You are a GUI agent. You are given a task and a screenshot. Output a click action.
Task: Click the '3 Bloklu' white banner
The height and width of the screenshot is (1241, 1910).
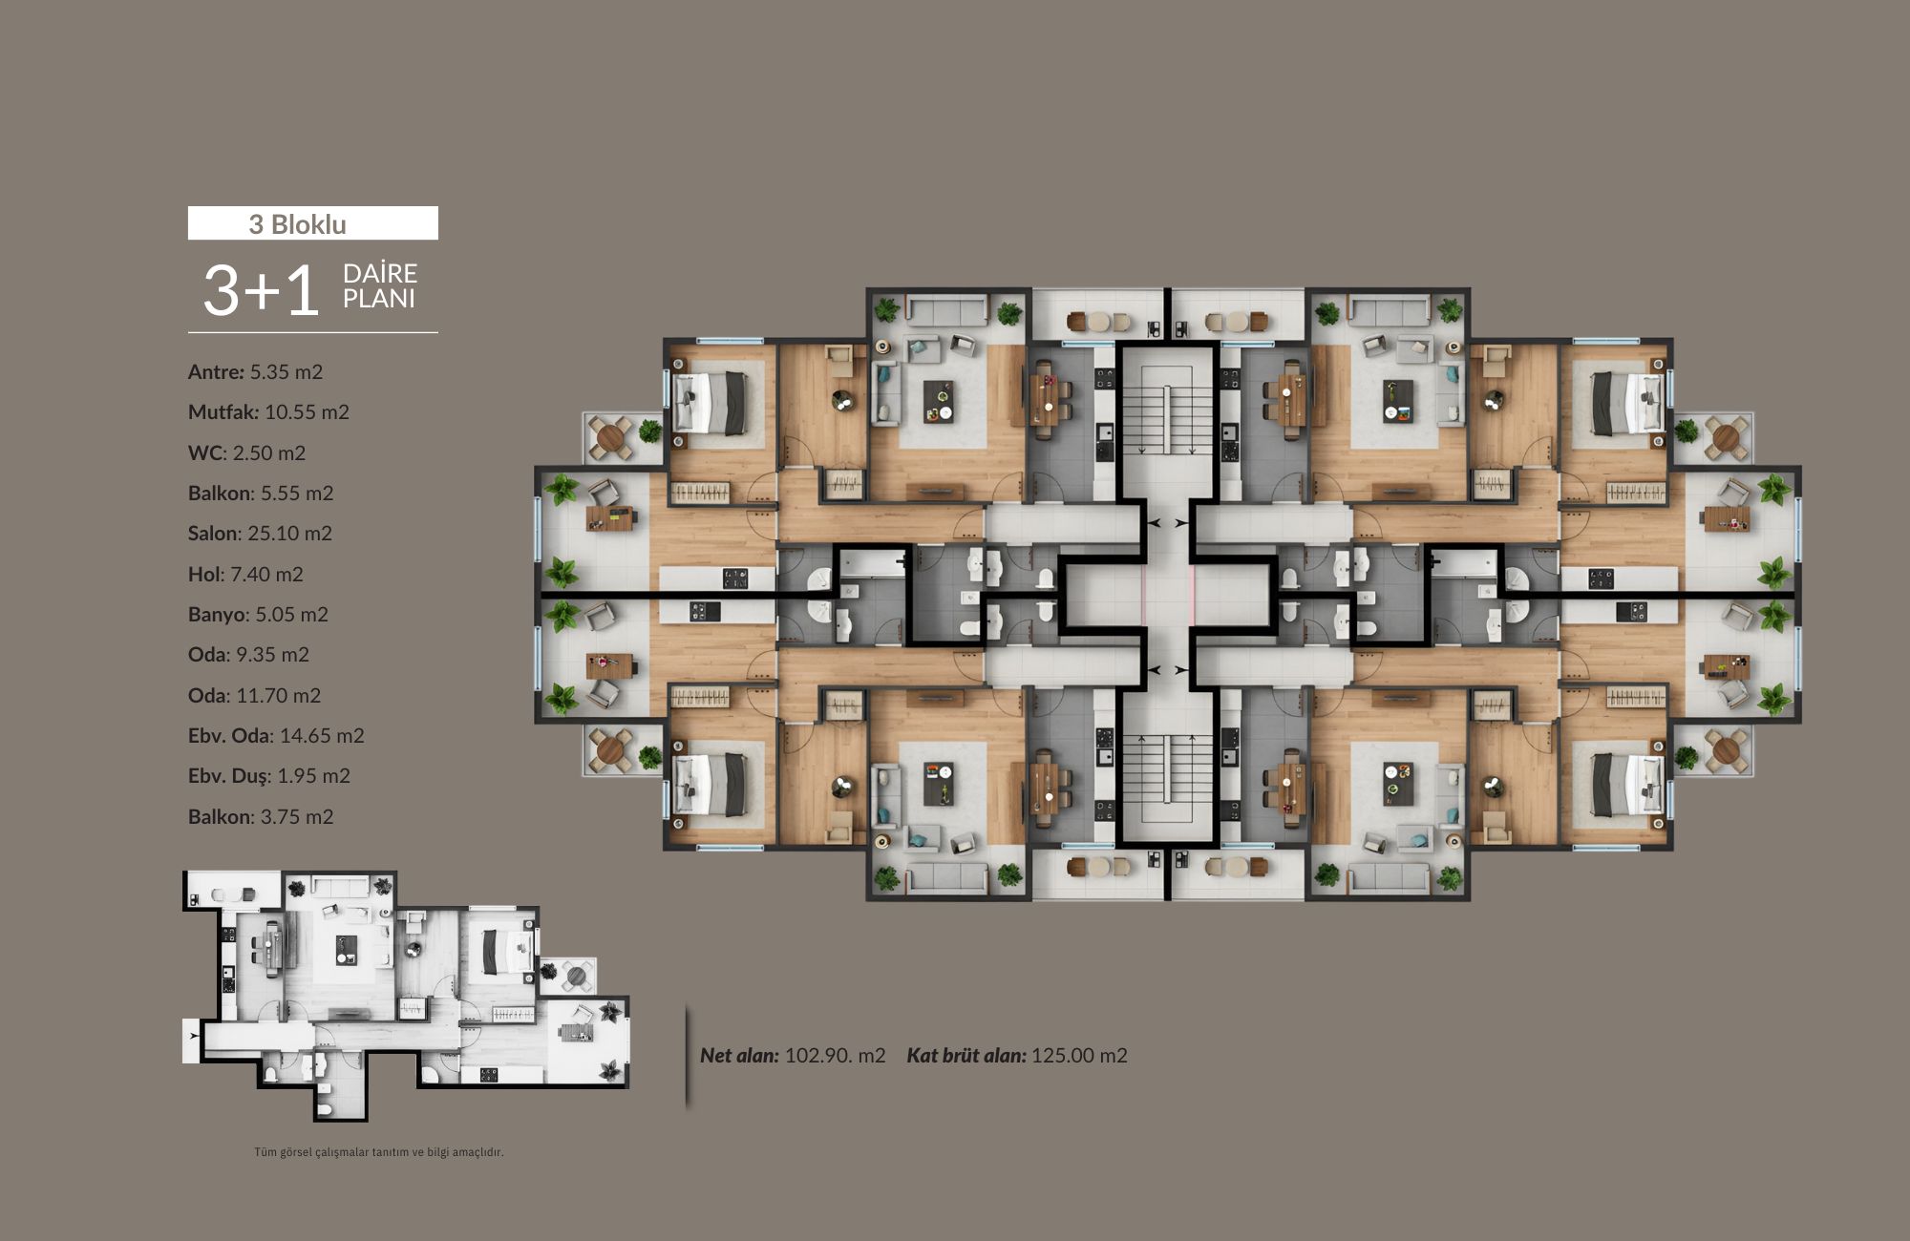click(312, 223)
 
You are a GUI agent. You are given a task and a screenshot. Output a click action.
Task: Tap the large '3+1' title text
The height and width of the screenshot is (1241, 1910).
click(261, 290)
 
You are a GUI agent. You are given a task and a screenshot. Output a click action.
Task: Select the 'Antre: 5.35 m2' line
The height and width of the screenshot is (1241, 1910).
click(255, 372)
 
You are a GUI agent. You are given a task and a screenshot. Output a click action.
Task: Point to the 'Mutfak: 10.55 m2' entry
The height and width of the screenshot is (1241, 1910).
click(268, 412)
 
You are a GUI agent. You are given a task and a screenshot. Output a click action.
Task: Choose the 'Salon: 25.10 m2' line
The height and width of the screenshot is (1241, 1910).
click(260, 534)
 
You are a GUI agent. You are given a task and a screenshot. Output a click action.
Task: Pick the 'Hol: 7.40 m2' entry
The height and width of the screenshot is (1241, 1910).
click(245, 575)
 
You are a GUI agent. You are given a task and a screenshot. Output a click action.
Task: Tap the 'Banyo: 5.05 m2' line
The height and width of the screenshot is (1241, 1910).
click(258, 615)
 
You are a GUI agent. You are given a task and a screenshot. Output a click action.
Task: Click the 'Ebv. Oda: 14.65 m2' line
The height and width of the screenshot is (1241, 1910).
click(276, 736)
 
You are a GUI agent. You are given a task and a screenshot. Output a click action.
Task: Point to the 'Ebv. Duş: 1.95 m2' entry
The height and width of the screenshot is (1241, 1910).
click(269, 776)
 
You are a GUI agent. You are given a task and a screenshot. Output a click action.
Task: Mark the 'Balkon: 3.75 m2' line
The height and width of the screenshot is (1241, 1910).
click(261, 817)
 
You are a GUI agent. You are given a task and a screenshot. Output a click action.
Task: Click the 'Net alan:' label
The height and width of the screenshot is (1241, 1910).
click(739, 1056)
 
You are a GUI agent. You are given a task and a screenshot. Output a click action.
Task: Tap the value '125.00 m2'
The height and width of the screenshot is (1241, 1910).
click(1079, 1056)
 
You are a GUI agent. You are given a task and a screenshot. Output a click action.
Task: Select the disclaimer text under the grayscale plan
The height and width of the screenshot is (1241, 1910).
click(378, 1152)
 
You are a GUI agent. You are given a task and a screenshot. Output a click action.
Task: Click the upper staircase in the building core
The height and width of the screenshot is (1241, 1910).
click(1168, 419)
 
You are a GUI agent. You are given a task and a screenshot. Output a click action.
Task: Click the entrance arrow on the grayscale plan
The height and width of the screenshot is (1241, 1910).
click(194, 1036)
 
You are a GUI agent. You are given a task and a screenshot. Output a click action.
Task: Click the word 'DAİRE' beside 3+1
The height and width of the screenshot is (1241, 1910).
click(379, 274)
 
